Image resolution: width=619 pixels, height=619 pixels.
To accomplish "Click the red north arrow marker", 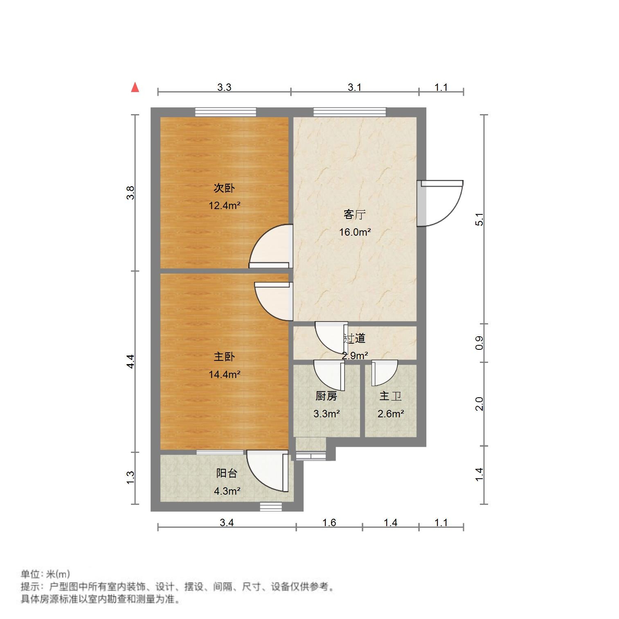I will (135, 88).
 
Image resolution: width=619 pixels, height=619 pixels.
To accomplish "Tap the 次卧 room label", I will (224, 188).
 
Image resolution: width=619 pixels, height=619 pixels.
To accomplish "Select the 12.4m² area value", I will (224, 205).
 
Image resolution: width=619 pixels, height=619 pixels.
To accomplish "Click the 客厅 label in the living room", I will (354, 215).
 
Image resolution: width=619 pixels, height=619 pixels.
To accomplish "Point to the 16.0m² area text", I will (354, 232).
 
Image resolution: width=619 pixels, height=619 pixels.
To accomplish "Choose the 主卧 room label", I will (224, 357).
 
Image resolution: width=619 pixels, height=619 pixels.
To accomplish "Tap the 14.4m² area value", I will (224, 374).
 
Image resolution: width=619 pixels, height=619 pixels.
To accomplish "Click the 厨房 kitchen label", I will (326, 396).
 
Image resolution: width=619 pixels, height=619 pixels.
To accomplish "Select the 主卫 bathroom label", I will (390, 396).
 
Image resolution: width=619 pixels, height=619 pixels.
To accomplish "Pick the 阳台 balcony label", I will (227, 473).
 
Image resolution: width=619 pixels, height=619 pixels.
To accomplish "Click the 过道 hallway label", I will (354, 338).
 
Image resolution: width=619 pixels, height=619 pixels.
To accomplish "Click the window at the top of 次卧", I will (225, 112).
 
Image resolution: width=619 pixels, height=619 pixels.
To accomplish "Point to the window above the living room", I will (350, 112).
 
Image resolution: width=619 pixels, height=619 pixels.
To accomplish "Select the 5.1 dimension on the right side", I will (479, 220).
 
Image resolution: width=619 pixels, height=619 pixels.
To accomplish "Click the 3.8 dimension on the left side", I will (130, 193).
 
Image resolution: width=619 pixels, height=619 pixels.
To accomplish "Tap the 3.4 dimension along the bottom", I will (227, 522).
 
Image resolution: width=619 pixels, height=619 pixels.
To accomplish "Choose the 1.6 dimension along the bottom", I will (329, 522).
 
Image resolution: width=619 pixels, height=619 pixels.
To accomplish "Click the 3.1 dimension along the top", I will (354, 87).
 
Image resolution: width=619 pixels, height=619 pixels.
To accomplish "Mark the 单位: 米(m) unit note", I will (45, 574).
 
